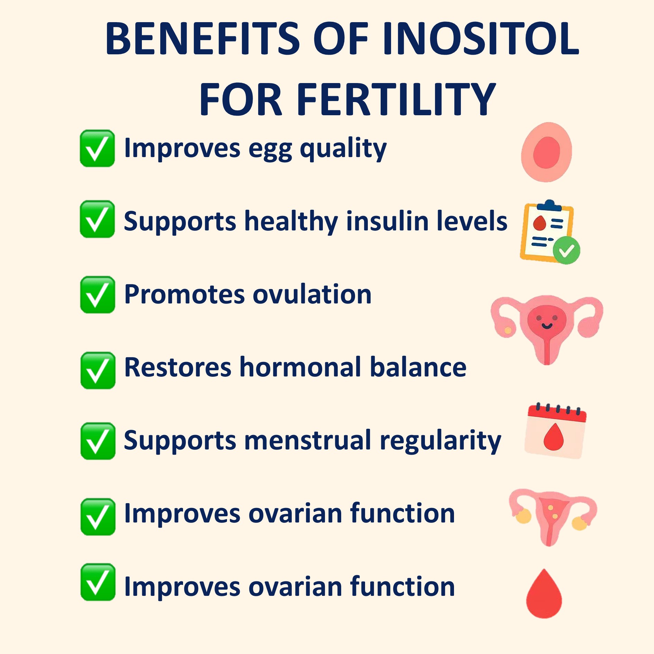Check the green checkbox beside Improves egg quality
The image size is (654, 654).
point(97,148)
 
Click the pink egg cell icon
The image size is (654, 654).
point(546,152)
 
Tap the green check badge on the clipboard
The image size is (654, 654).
point(566,250)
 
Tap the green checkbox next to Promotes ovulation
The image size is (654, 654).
point(98,295)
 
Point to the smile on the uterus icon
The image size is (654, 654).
point(547,326)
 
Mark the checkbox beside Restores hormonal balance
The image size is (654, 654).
point(98,371)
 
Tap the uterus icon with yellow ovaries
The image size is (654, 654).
point(553,517)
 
